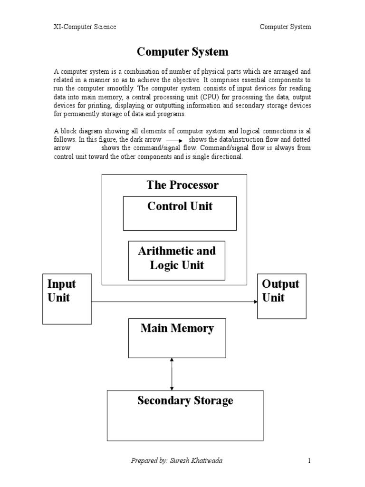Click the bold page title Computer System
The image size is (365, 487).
coord(182,51)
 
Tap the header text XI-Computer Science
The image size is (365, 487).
coord(85,27)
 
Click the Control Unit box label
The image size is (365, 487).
coord(180,206)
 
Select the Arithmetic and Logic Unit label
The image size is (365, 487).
coord(177,258)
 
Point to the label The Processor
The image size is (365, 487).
coord(182,185)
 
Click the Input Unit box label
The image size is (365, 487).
coord(62,291)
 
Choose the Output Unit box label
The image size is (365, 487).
coord(280,291)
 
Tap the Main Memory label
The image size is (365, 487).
coord(177,328)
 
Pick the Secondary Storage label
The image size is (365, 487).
coord(185,400)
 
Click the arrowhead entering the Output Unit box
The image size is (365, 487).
coord(255,302)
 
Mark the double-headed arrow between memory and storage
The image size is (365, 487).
coord(172,374)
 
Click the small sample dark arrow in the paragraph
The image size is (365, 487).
coord(174,141)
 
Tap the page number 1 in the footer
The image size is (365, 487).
coord(309,460)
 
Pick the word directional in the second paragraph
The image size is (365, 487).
coord(228,157)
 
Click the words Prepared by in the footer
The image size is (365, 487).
coord(149,460)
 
